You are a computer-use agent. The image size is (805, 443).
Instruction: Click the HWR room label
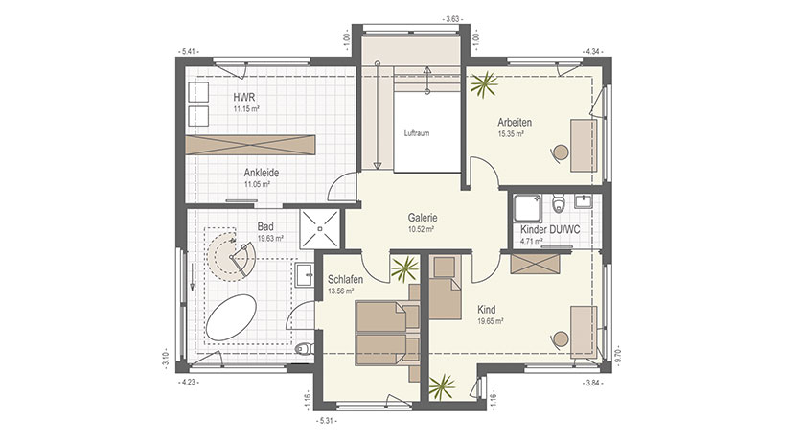[243, 97]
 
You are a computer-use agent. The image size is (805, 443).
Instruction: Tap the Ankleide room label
[262, 173]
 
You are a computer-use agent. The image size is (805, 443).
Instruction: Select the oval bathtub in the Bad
[232, 317]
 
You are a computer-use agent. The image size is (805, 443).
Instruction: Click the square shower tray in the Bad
[319, 229]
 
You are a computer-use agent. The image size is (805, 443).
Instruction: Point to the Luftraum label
[416, 133]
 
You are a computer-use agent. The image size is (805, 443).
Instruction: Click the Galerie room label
[423, 218]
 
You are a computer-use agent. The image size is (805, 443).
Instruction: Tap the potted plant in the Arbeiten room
[484, 83]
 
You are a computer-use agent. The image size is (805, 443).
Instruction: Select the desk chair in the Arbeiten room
[560, 152]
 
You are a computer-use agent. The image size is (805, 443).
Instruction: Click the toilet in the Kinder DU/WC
[558, 202]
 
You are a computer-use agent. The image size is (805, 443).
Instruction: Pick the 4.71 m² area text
[531, 241]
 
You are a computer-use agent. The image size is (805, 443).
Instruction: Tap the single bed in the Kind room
[445, 288]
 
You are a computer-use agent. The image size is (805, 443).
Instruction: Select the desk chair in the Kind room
[560, 338]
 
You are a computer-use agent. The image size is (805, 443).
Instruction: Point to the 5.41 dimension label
[188, 52]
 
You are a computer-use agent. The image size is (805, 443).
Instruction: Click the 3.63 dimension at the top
[452, 19]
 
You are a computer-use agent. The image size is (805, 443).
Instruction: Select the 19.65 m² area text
[491, 320]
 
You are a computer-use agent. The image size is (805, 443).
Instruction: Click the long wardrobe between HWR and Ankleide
[249, 145]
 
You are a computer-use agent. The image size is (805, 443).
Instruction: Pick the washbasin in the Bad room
[305, 274]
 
